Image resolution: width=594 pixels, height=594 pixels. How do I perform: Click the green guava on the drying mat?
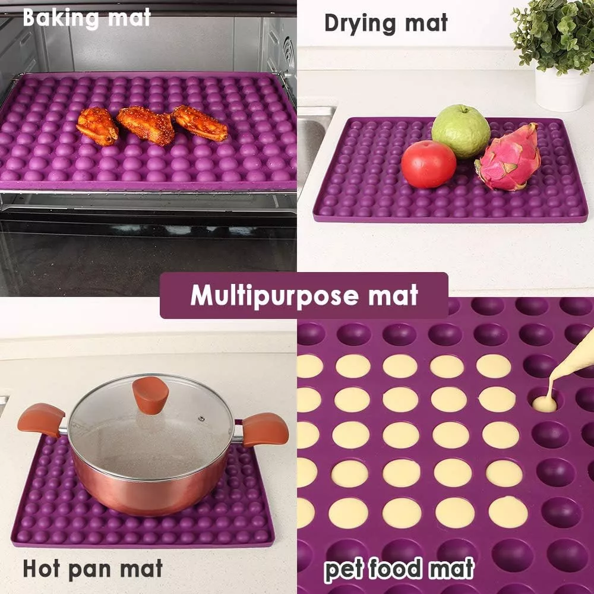coord(461,131)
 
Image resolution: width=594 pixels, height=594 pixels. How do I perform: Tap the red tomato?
coord(428,164)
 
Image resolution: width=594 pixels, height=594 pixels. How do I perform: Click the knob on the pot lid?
coord(150,395)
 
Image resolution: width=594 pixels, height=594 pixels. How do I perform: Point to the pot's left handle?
coord(41,420)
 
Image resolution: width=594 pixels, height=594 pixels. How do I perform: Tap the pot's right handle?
coord(264,429)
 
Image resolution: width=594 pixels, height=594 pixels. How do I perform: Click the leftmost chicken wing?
coord(97,126)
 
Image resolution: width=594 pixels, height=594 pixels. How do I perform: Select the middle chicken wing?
coord(146,125)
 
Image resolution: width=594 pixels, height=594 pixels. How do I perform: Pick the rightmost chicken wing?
coord(200,123)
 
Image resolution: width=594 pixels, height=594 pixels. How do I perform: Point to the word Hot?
coord(42,568)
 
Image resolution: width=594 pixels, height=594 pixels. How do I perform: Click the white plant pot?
coord(561,89)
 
